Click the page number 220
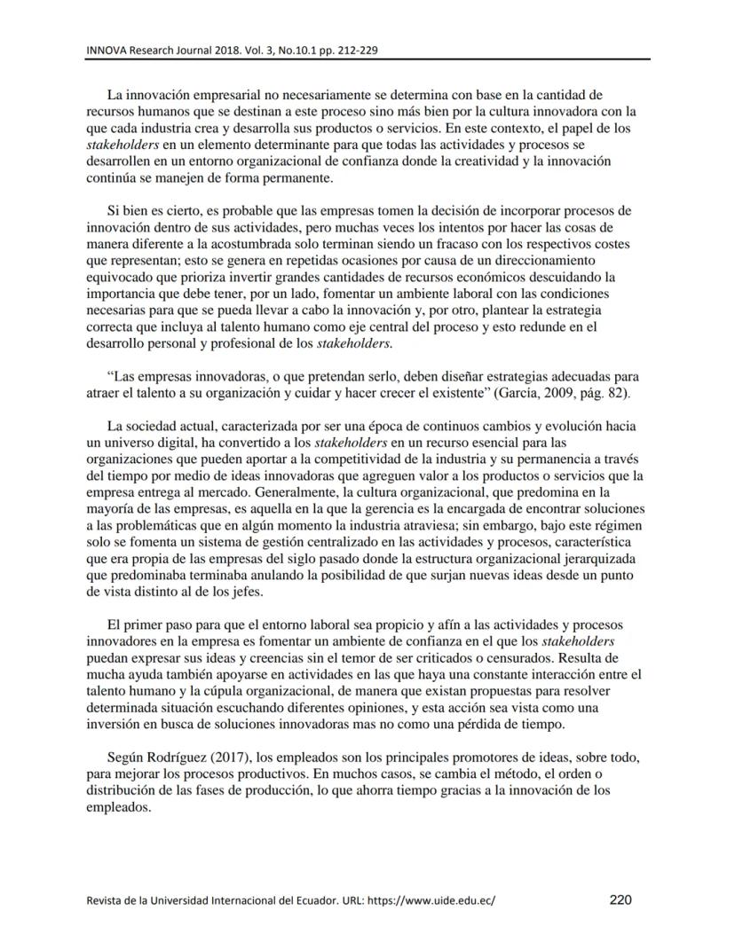tap(620, 899)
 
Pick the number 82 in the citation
tap(612, 393)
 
